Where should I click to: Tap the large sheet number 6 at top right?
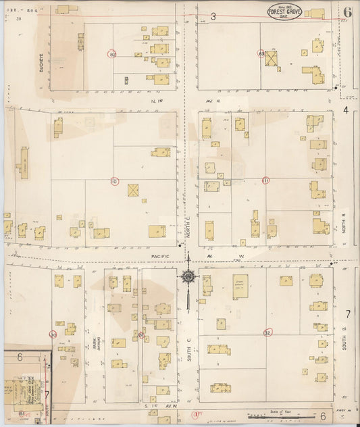(x=347, y=11)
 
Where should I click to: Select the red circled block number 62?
(x=112, y=53)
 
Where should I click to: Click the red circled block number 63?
(x=261, y=52)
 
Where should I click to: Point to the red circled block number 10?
(x=113, y=181)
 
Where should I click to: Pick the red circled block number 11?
(x=265, y=180)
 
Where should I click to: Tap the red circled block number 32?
(x=267, y=332)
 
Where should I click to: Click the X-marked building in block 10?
(x=134, y=190)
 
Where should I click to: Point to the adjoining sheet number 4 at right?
(x=346, y=109)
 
